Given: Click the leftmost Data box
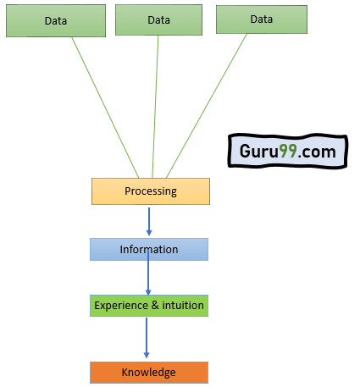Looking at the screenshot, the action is click(x=56, y=20).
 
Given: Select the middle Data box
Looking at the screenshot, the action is click(x=158, y=19).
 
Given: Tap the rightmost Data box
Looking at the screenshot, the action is click(x=262, y=19).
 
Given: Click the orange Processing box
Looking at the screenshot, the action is click(x=151, y=191).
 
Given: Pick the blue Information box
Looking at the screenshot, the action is click(x=149, y=249).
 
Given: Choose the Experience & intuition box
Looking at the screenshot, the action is click(x=149, y=306).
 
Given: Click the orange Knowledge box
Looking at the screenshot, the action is click(x=149, y=373).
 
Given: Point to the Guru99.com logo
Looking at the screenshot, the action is click(x=288, y=152).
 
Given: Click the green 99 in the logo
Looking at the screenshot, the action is click(x=288, y=151).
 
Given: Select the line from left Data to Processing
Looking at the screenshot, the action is click(x=105, y=108).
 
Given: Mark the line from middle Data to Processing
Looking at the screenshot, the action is click(x=155, y=107).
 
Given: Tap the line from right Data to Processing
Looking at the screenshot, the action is click(x=207, y=106).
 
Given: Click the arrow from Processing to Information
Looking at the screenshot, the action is click(x=149, y=222).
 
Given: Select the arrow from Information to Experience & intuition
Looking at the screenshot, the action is click(x=148, y=273).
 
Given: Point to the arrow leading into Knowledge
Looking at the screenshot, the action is click(x=147, y=338).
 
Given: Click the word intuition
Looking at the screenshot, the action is click(x=183, y=306).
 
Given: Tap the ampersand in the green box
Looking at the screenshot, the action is click(x=155, y=306).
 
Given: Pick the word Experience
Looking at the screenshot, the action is click(x=121, y=306).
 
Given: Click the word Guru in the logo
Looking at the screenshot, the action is click(x=259, y=151).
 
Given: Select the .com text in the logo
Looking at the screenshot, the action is click(x=317, y=152).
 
